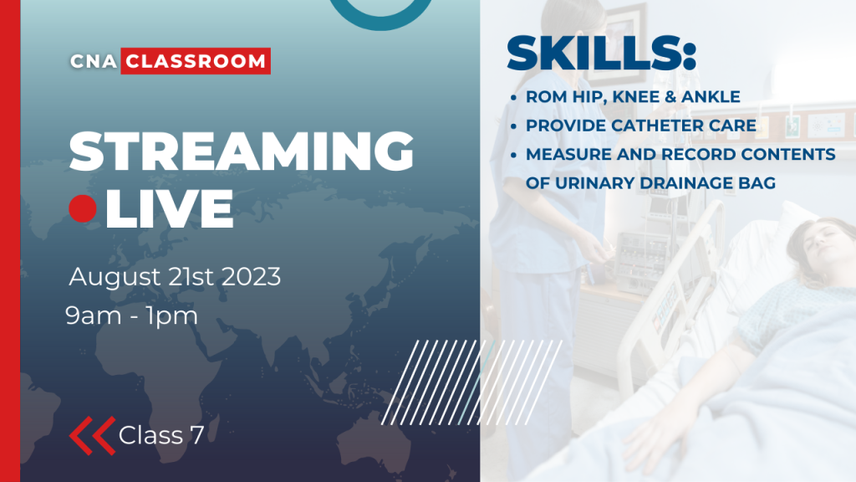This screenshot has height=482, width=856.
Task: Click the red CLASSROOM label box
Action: (x=196, y=61)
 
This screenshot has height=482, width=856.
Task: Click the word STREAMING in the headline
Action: (x=242, y=152)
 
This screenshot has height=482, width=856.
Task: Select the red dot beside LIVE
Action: (x=84, y=208)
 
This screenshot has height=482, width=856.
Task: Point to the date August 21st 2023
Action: (x=175, y=276)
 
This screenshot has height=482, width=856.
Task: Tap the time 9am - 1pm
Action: (x=132, y=316)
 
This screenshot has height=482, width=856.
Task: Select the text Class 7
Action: (x=161, y=435)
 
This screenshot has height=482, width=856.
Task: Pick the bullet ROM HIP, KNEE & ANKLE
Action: (x=633, y=97)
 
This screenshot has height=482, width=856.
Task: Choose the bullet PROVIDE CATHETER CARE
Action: (x=641, y=126)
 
